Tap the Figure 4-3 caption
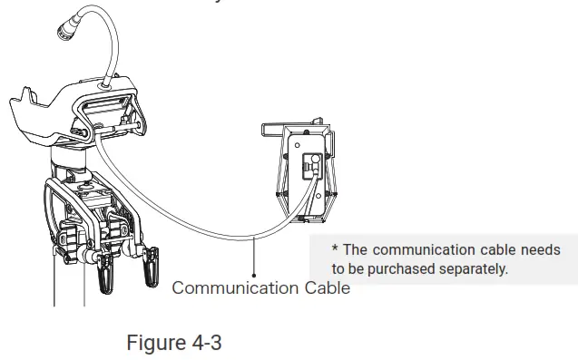[x=173, y=344]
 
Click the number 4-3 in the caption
[x=204, y=344]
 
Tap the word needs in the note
[x=539, y=249]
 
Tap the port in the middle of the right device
[x=307, y=167]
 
